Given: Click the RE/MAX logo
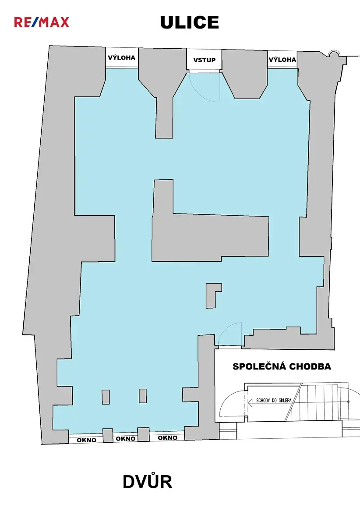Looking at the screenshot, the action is [x=42, y=22].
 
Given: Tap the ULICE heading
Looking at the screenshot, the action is [x=189, y=22].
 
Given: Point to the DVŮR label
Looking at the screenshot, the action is [x=148, y=482].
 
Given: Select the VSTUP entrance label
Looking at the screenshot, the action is [x=205, y=60].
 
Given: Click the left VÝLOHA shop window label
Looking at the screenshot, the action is [x=122, y=57].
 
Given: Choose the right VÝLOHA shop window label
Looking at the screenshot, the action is [x=282, y=60].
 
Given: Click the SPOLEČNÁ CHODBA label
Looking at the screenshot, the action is [x=282, y=366].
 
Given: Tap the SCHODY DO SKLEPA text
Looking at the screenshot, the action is [x=274, y=400].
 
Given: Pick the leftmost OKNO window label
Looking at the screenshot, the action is [x=86, y=440].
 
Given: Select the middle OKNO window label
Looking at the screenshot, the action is [x=126, y=438].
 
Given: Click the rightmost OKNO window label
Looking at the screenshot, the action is [x=168, y=437].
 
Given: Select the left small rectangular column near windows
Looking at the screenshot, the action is [x=106, y=397].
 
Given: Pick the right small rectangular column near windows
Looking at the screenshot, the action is [x=143, y=396].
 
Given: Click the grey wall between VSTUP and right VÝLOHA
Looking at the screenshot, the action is [x=244, y=74].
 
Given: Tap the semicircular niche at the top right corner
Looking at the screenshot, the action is [x=334, y=53].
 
